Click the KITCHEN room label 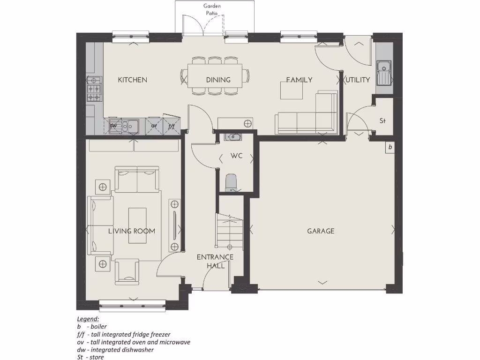132,80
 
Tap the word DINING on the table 218,80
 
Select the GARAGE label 321,231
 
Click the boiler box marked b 390,147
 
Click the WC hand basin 232,137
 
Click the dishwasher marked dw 113,126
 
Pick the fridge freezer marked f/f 172,126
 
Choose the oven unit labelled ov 153,126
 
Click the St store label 382,121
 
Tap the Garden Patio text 212,9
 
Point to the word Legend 88,319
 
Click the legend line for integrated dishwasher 115,350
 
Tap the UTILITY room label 358,80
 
